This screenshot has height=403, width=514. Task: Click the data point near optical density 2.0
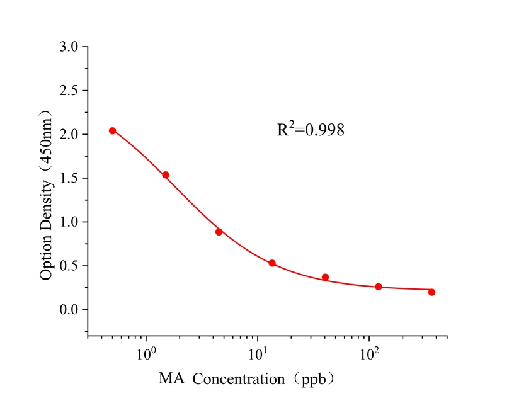tap(113, 131)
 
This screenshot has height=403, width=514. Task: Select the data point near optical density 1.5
tap(166, 175)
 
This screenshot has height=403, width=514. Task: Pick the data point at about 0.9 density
tap(219, 232)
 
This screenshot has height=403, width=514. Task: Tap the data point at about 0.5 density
tap(272, 263)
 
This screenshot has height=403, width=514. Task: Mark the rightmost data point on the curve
tap(431, 292)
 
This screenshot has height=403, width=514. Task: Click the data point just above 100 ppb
tap(379, 287)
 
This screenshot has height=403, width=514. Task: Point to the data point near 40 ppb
tap(325, 277)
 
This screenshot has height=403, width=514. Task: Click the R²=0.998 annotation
tap(311, 130)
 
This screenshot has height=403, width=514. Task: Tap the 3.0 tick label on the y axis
tap(69, 47)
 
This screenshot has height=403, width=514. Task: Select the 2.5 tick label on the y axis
tap(69, 91)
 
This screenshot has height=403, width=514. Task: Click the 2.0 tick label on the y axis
tap(69, 135)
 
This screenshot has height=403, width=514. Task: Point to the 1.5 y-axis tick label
tap(69, 178)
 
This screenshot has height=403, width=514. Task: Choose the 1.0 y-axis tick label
tap(69, 222)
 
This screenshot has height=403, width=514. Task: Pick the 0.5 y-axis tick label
tap(69, 266)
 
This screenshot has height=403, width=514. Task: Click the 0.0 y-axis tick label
tap(69, 310)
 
